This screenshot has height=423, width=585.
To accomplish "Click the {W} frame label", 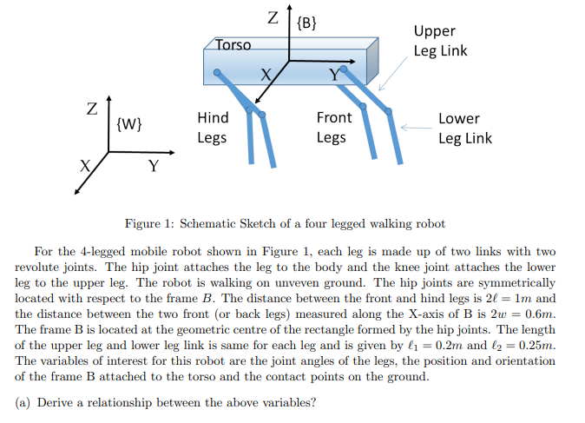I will click(128, 123).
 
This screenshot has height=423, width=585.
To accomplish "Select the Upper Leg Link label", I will click(440, 41).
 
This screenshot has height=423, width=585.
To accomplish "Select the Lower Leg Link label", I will click(464, 128).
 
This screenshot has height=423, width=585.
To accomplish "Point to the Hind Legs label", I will click(213, 128).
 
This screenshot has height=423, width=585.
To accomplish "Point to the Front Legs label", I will click(334, 128).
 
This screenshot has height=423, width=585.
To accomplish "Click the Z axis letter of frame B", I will click(273, 17).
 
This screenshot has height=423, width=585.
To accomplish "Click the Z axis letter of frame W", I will click(91, 110).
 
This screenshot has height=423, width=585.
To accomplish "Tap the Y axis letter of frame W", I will click(153, 166).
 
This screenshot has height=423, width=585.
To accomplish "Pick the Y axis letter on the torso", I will click(333, 76).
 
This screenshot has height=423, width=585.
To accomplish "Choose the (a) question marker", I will click(24, 402).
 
